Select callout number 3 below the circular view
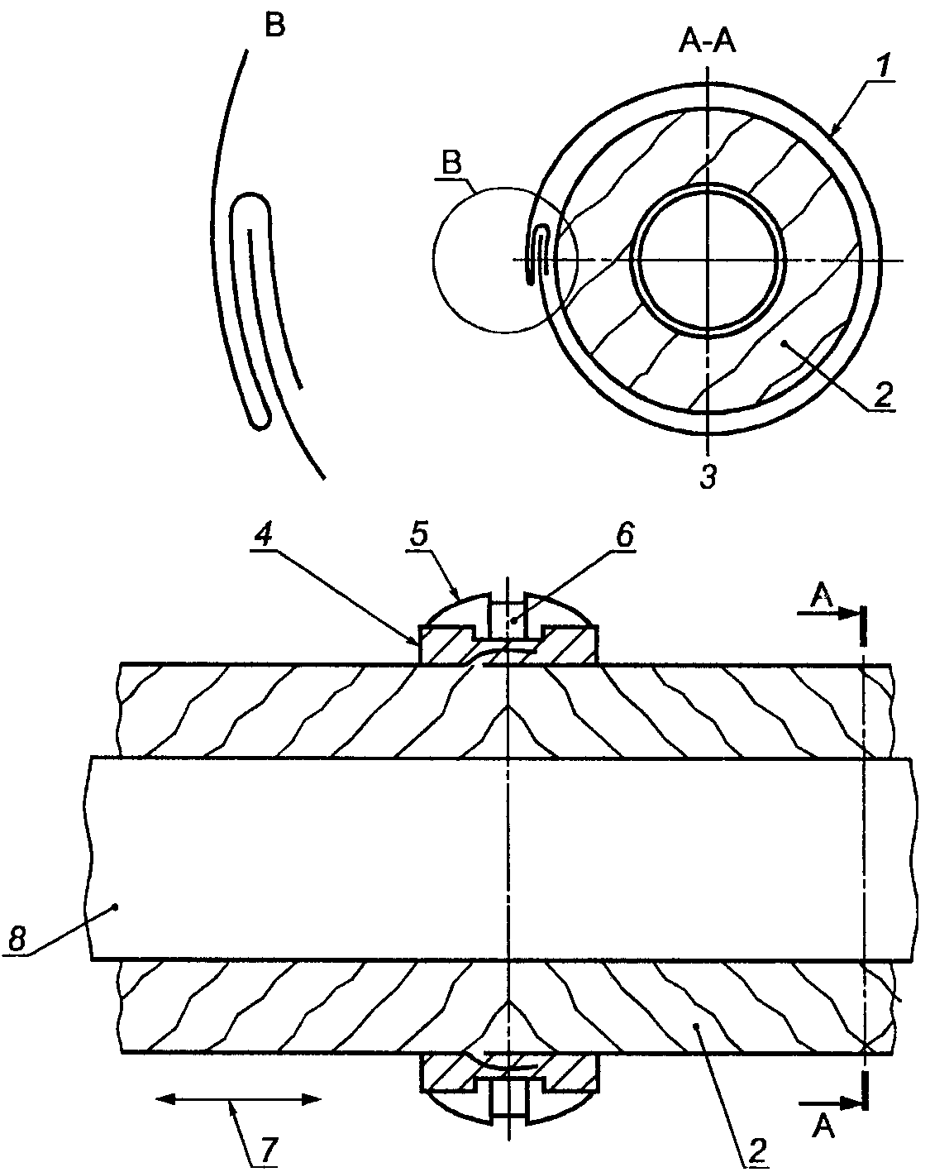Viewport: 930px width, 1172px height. [x=708, y=477]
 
